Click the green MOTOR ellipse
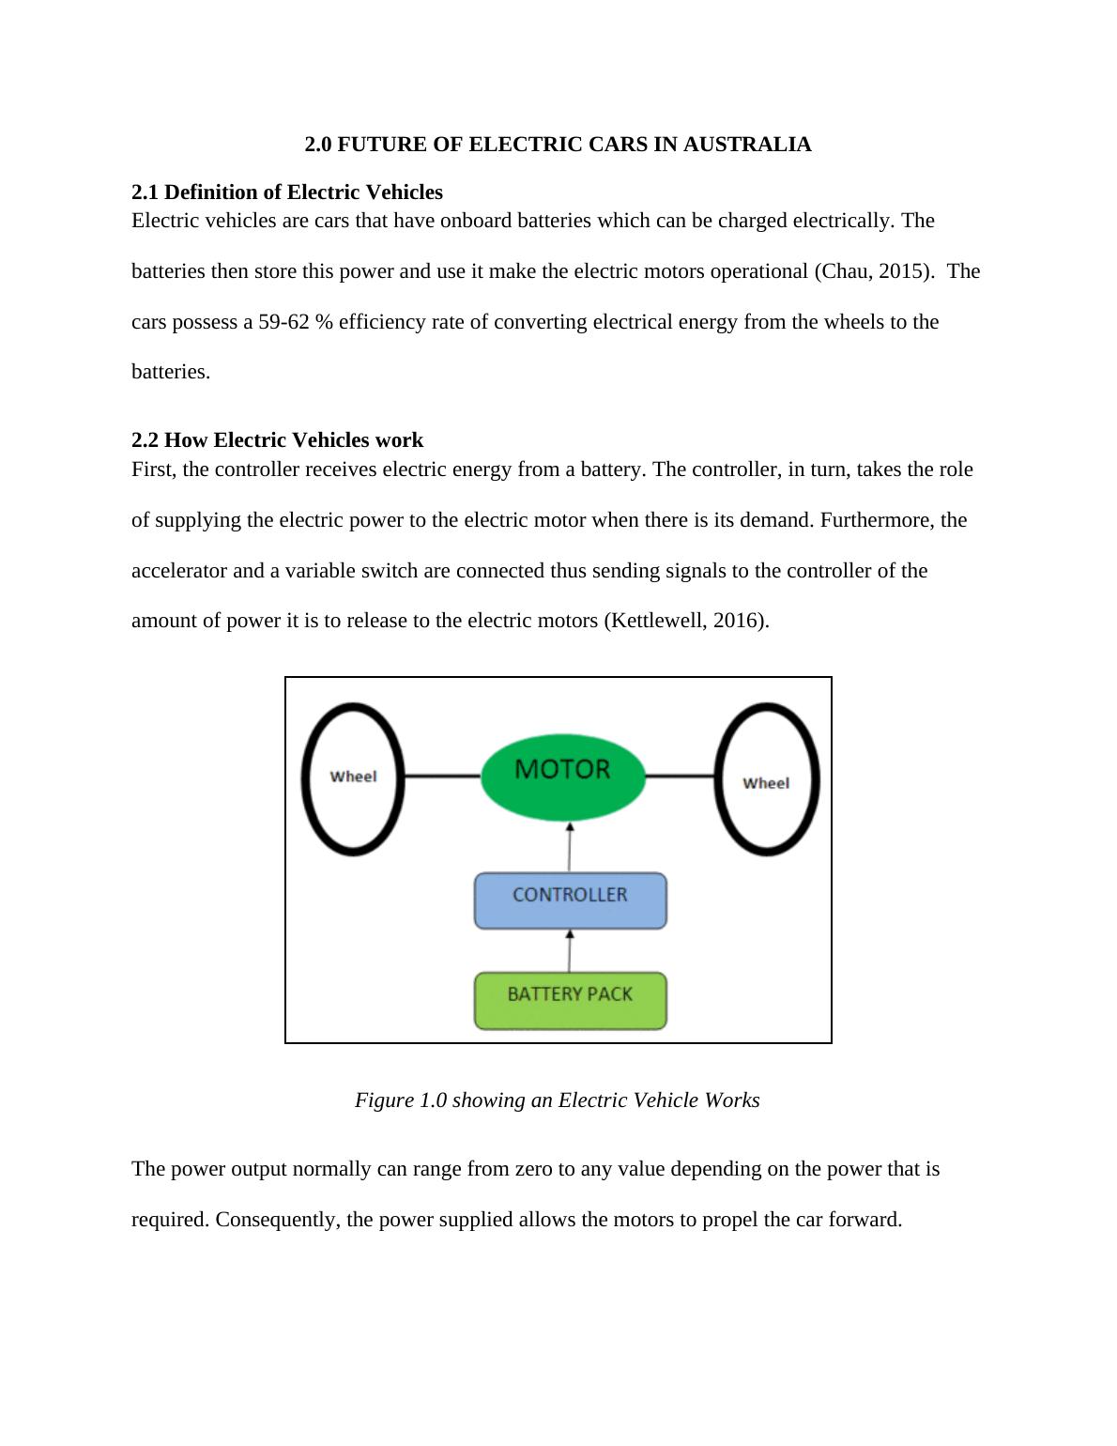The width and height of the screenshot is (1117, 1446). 563,775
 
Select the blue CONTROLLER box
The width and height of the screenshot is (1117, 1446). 570,900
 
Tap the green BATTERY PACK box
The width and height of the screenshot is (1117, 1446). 570,1000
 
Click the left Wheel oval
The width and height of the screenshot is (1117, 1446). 353,778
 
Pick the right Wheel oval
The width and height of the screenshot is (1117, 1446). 767,779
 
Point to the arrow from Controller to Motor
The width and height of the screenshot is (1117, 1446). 570,847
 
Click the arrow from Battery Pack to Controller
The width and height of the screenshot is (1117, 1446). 570,950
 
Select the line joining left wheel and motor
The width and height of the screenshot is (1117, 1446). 442,776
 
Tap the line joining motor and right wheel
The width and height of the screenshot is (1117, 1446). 681,776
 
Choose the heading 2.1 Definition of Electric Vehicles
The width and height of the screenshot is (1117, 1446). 287,192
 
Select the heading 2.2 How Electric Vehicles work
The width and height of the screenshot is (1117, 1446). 277,440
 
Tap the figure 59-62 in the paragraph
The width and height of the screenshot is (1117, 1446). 284,322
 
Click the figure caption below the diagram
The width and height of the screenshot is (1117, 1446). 558,1100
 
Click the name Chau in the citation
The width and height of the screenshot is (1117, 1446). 841,271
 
